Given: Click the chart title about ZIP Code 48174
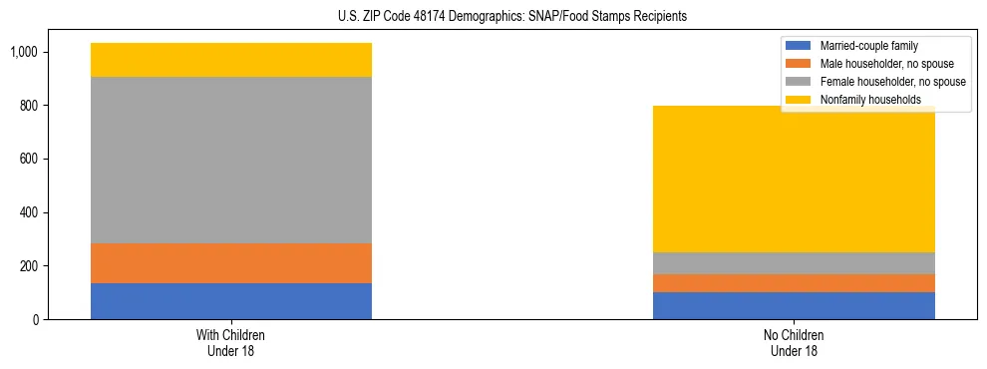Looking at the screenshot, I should pos(493,17).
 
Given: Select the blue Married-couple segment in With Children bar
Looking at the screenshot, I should pos(231,301).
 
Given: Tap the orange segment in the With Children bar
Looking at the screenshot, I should pos(231,263).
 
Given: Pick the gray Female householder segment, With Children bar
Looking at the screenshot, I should pos(231,160).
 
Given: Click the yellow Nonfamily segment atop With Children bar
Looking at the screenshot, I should pos(231,60).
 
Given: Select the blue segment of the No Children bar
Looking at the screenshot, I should pos(794,305).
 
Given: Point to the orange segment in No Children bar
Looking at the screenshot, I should pos(794,282).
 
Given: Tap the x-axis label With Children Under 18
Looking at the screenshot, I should pos(231,342).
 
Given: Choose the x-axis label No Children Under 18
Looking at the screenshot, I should pos(794,342).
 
